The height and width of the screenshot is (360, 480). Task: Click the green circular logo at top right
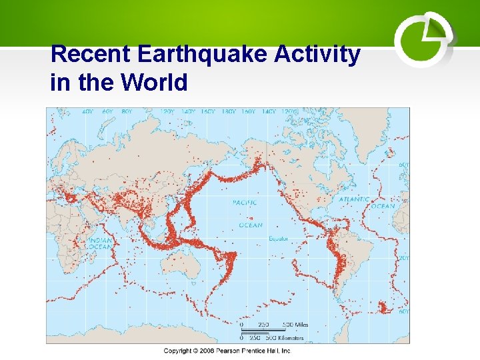(423, 41)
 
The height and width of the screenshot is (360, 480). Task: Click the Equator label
(278, 239)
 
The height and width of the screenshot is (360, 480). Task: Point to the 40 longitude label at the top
(87, 113)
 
